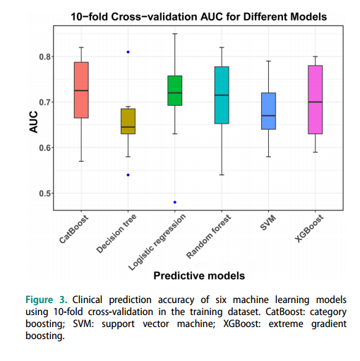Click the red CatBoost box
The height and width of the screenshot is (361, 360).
coord(81,90)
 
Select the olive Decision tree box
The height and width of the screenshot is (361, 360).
coord(128,122)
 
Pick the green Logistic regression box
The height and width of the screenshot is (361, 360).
coord(175,90)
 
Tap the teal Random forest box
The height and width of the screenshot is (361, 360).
coord(222,95)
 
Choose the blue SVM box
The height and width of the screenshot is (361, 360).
coord(268,111)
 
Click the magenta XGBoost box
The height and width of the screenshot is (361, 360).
coord(316,100)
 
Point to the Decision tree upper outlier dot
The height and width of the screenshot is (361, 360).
coord(128,52)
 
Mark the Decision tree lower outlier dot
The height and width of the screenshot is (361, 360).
coord(128,175)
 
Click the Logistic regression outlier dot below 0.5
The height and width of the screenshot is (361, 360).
coord(175,202)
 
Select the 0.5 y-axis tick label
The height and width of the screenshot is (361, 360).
coord(45,194)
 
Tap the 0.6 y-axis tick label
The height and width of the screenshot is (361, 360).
coord(45,148)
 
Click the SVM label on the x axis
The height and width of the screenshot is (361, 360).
coord(268,223)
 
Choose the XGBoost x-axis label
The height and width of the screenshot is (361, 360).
coord(309,228)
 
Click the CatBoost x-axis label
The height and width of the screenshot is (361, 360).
coord(73,229)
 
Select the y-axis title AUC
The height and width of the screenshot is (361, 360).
coord(33,122)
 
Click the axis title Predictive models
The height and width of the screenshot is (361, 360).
coord(199,276)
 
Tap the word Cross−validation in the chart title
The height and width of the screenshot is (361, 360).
coord(154,17)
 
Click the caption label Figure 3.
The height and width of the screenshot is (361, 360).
coord(47,300)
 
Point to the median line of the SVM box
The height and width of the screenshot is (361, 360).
coord(268,116)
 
